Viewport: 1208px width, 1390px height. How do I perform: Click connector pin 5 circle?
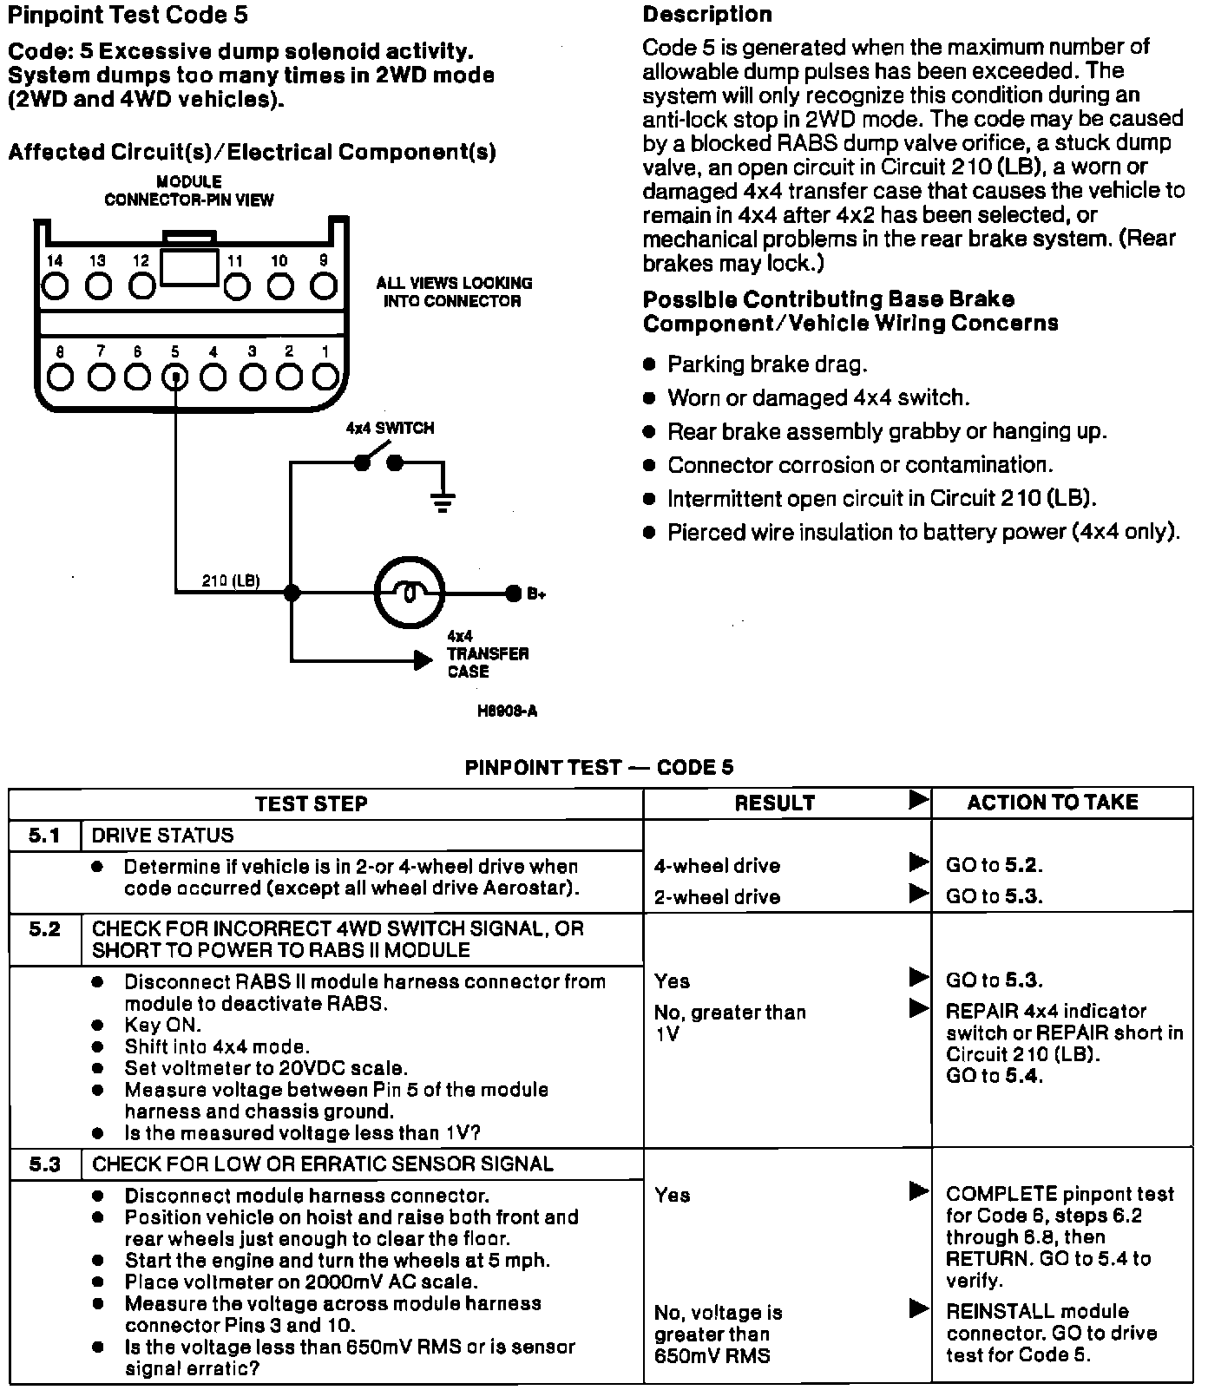point(176,377)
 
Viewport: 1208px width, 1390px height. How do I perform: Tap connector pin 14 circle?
point(56,285)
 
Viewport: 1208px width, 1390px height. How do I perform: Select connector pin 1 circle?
point(325,377)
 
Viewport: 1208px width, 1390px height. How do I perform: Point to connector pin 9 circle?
point(324,285)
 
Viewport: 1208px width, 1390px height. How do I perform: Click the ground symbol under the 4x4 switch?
point(443,502)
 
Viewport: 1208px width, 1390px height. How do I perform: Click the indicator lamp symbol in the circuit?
point(410,593)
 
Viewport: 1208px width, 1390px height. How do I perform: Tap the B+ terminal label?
point(535,594)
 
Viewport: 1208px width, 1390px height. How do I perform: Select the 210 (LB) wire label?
point(230,580)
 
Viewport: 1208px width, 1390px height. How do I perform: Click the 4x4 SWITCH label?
point(390,429)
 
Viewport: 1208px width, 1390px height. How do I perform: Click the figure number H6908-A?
point(507,711)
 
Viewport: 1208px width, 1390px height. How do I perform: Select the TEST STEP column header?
point(311,803)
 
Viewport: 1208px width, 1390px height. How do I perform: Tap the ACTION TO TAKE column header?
point(1052,803)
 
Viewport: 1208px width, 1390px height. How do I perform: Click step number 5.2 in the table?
point(44,929)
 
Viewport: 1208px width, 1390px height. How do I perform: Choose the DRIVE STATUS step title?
point(163,836)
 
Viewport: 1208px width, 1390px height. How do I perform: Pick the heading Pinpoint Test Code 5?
point(127,16)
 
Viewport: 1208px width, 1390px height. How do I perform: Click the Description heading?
point(707,15)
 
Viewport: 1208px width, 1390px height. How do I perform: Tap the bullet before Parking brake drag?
point(650,365)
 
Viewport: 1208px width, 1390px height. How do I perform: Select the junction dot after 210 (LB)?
point(292,593)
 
